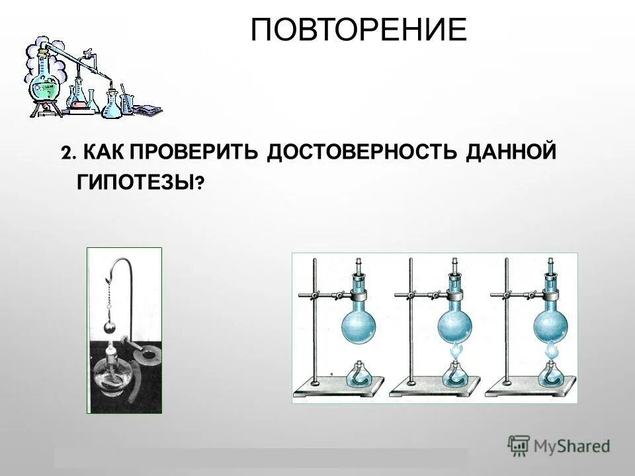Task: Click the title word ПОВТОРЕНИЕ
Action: click(359, 30)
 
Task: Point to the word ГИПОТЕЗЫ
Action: click(136, 182)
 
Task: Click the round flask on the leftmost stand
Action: click(358, 324)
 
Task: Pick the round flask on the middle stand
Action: click(455, 324)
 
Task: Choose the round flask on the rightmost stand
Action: click(550, 324)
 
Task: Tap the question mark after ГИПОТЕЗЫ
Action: click(199, 185)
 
